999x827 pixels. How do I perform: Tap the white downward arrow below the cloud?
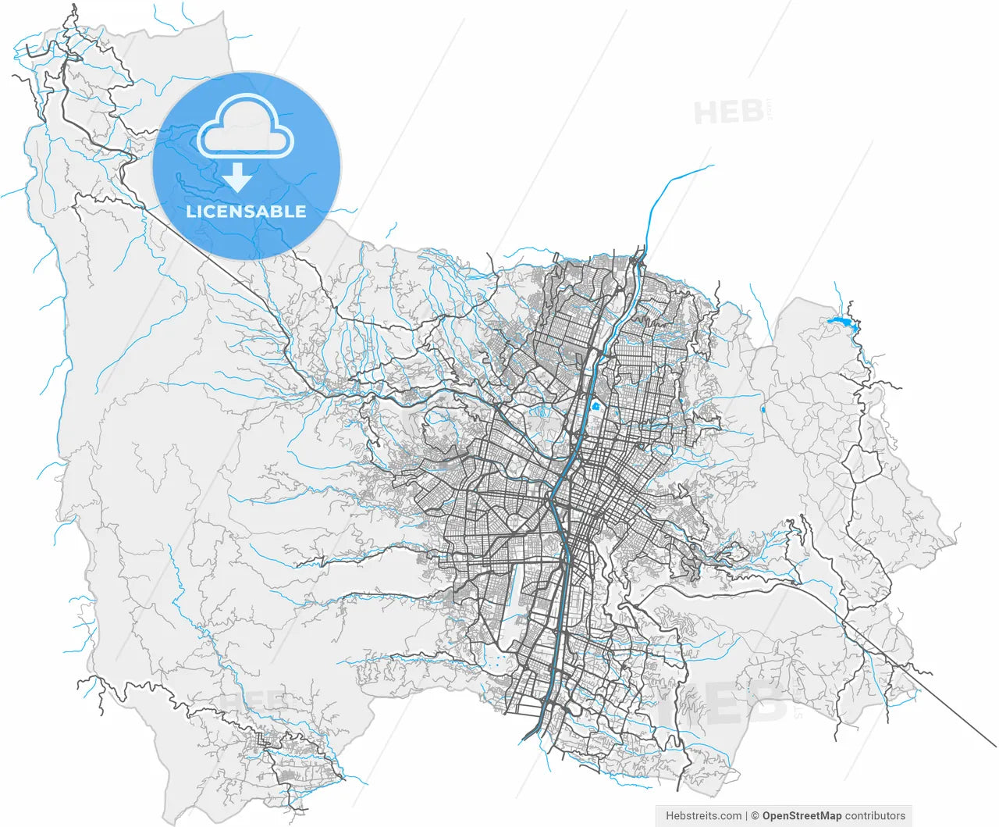pyautogui.click(x=237, y=178)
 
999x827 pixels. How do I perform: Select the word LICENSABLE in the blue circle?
pyautogui.click(x=246, y=212)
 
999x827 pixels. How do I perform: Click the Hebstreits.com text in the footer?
pyautogui.click(x=703, y=816)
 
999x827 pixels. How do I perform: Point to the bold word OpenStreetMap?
pyautogui.click(x=802, y=816)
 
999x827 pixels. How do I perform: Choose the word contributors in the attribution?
pyautogui.click(x=876, y=816)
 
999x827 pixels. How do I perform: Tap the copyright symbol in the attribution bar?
pyautogui.click(x=755, y=816)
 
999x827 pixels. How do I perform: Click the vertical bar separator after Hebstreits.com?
pyautogui.click(x=747, y=816)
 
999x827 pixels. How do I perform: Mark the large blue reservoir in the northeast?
pyautogui.click(x=839, y=322)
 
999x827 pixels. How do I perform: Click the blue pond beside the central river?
pyautogui.click(x=595, y=406)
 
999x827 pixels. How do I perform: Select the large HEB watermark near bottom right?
pyautogui.click(x=734, y=701)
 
